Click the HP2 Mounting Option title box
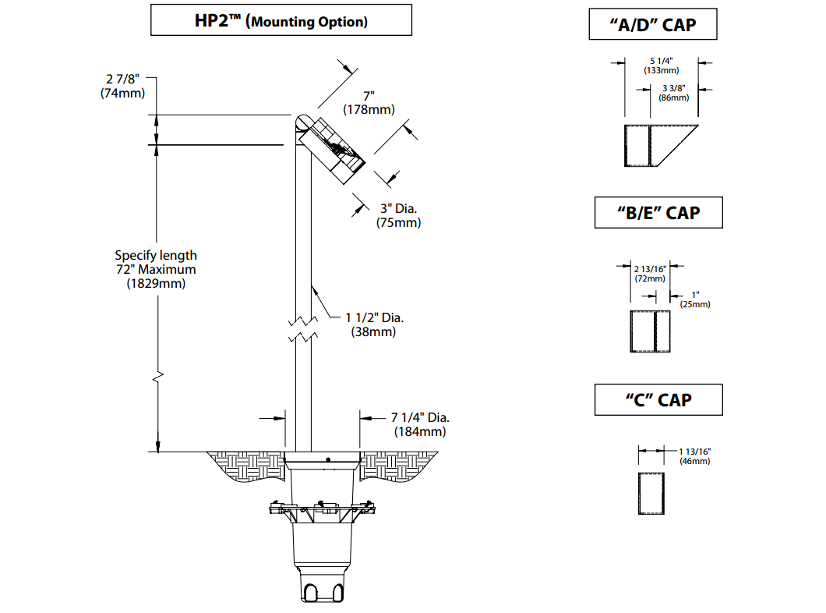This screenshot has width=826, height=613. [x=281, y=21]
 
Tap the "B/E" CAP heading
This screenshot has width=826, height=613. [x=658, y=212]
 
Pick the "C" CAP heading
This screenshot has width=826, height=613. [x=658, y=400]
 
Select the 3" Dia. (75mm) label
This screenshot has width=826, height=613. [x=400, y=215]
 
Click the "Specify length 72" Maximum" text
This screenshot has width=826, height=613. [x=156, y=269]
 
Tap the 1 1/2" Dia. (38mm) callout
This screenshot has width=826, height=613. [x=374, y=324]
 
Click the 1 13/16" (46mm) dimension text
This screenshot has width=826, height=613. [x=694, y=456]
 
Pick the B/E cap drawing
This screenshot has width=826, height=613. [x=650, y=331]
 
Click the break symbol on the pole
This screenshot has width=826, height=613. [x=302, y=329]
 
